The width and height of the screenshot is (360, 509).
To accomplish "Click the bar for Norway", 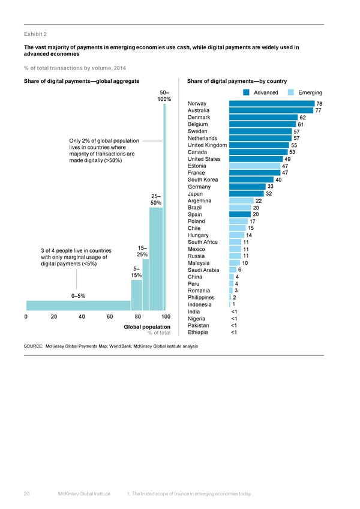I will pos(272,103).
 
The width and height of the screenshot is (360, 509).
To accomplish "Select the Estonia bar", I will pos(254,166).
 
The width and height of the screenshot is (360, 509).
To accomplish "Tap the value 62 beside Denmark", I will pos(303,118).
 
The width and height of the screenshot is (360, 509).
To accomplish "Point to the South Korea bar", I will pos(251,179).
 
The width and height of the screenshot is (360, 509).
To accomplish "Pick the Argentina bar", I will pos(241,201).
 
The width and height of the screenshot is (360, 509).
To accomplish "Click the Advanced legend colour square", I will pos(247,92).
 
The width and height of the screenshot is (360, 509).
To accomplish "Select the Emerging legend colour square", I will pos(291,92).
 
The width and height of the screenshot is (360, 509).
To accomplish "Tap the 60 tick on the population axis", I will pos(110,317).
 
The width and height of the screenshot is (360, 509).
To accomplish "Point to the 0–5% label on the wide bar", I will pos(78,295).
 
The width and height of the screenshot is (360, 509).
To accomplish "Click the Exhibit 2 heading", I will pos(35,34).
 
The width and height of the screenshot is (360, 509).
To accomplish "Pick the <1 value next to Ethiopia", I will pos(234,333).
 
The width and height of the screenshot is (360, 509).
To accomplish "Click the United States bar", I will pos(256,159).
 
